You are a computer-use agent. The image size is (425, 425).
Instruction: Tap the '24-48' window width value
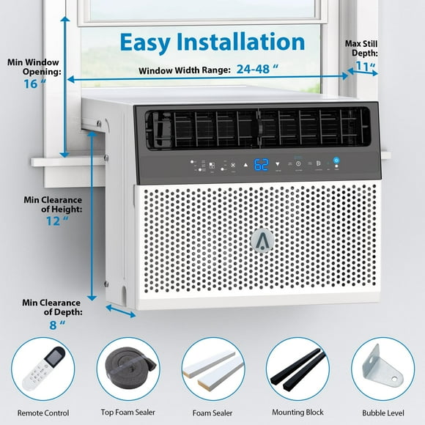point(260,70)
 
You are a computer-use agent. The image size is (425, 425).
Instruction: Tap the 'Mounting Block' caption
point(296,413)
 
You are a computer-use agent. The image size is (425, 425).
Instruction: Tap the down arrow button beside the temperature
point(278,163)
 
